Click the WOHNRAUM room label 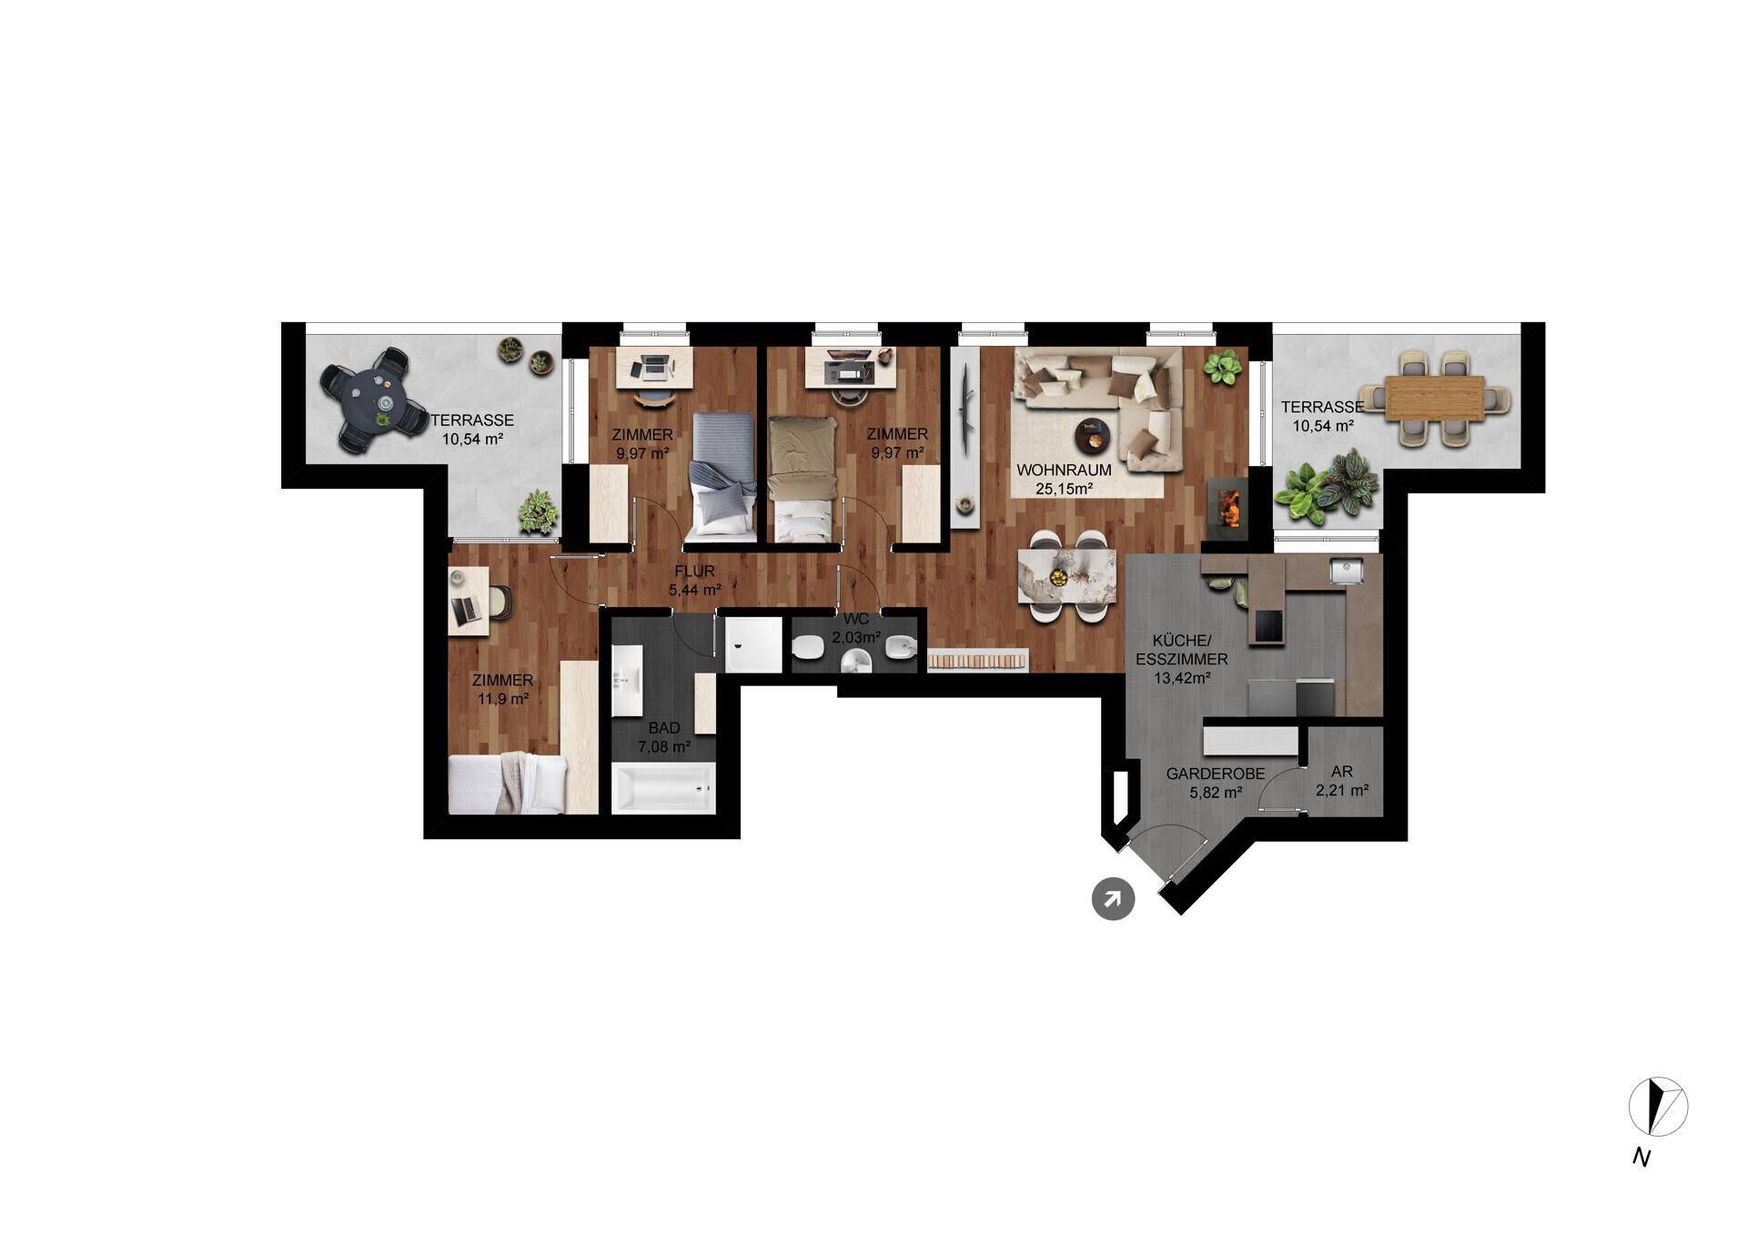click(1064, 471)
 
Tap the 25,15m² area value click(1064, 489)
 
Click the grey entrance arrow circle click(1113, 899)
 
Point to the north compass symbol click(1658, 1107)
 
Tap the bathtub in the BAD click(663, 787)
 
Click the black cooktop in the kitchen click(1268, 626)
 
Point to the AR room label click(1342, 772)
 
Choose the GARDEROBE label click(1216, 774)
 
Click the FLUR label click(694, 572)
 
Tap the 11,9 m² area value click(503, 699)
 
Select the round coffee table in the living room click(1094, 436)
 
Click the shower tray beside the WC click(753, 645)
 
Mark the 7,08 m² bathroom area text click(664, 747)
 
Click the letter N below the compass click(1641, 1158)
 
